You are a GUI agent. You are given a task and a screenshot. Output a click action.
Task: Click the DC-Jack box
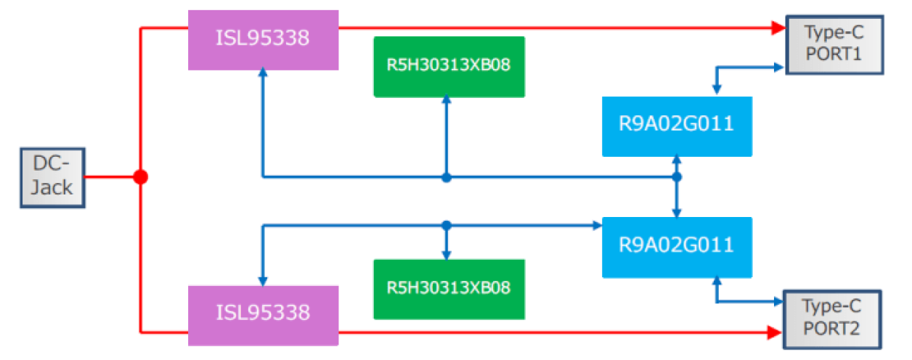click(52, 178)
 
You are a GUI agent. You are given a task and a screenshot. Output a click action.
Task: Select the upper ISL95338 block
click(263, 40)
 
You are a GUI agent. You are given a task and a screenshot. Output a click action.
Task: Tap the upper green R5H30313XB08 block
click(448, 66)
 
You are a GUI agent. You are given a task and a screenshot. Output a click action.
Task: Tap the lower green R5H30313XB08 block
click(448, 289)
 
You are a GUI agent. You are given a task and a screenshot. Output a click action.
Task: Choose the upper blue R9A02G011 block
click(677, 126)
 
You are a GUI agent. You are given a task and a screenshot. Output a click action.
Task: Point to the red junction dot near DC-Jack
click(141, 177)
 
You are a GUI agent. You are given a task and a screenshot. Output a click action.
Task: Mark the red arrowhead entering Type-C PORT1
click(778, 28)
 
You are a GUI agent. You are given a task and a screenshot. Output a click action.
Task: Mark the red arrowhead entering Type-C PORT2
click(776, 333)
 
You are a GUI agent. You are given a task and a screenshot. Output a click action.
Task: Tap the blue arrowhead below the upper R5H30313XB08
click(447, 102)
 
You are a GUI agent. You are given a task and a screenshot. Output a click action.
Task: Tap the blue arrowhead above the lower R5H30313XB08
click(447, 254)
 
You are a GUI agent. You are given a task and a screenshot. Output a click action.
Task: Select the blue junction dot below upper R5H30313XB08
click(447, 177)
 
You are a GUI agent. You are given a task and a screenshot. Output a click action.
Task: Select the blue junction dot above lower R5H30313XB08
click(447, 226)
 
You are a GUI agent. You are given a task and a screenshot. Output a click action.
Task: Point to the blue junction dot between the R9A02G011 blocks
click(677, 176)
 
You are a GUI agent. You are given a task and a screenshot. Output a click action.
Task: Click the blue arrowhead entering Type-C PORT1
click(778, 67)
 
